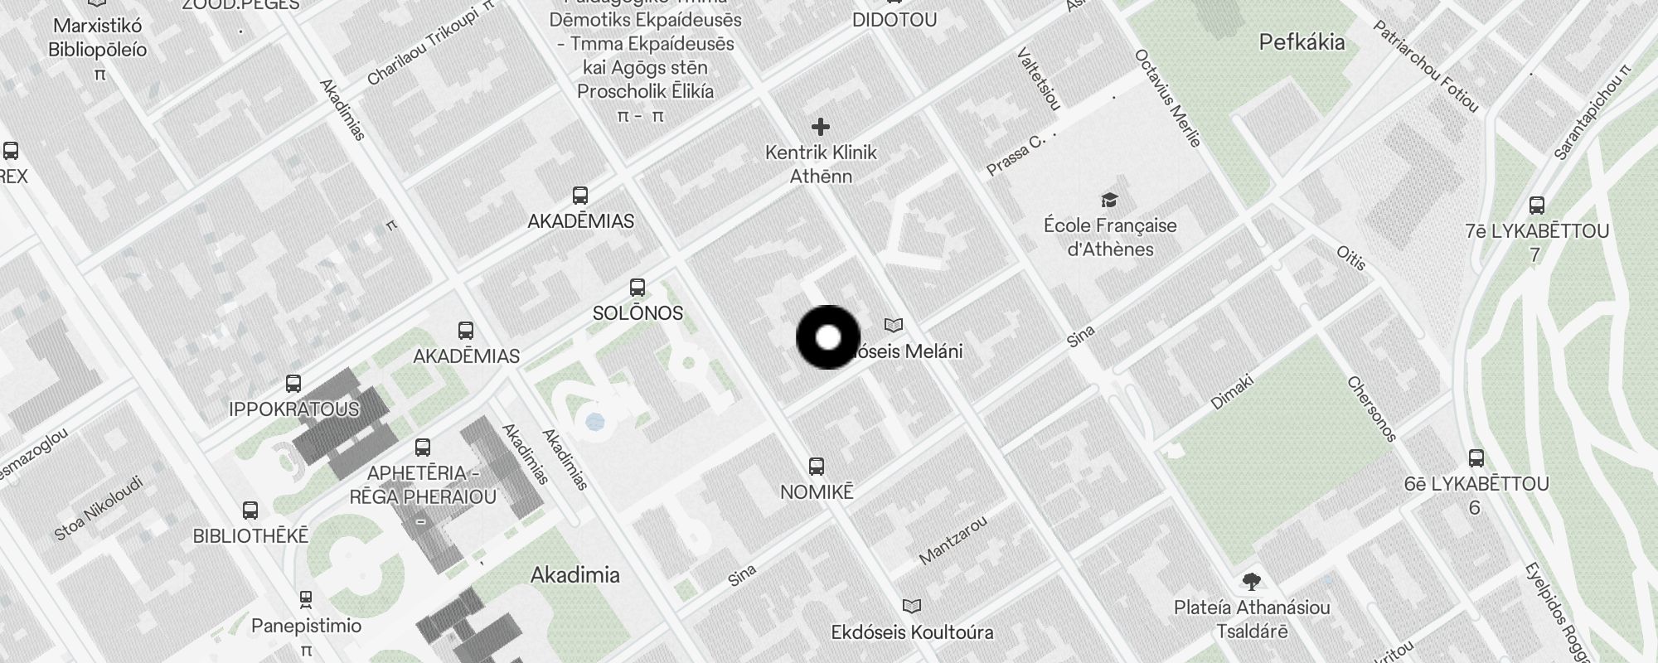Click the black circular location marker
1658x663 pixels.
[x=828, y=337]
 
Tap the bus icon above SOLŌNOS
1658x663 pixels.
[x=638, y=288]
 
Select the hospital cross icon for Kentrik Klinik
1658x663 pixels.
[x=821, y=127]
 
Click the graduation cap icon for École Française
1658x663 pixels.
[x=1109, y=200]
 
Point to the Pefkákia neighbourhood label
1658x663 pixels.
[x=1302, y=42]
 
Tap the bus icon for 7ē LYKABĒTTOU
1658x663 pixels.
[x=1537, y=205]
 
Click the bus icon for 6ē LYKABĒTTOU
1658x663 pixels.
[x=1476, y=457]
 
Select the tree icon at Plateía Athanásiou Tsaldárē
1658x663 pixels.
[x=1252, y=582]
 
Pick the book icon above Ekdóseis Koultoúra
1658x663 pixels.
[x=912, y=607]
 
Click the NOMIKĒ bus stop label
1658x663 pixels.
[x=817, y=491]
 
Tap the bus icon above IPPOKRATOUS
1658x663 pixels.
[x=293, y=384]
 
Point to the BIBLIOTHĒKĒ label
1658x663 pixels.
[x=250, y=536]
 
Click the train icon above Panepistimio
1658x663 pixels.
[x=306, y=598]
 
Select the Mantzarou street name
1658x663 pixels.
[x=953, y=540]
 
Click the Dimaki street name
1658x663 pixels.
[x=1232, y=392]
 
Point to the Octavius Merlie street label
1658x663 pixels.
[x=1167, y=98]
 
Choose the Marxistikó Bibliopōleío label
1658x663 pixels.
[x=98, y=37]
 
